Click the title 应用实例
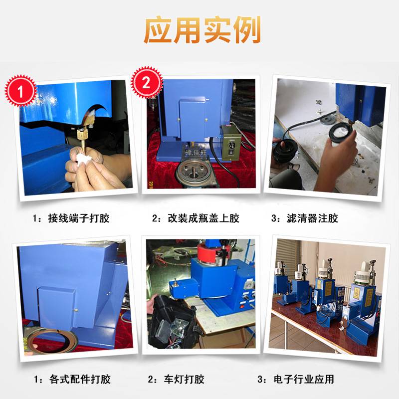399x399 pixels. [202, 30]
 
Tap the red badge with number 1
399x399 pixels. [20, 91]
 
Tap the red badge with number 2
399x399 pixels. [146, 82]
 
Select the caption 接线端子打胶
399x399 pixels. [79, 218]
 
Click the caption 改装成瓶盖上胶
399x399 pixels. [203, 218]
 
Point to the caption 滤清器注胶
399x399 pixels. [313, 218]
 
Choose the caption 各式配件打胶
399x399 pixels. [80, 379]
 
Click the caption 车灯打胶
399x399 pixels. [184, 379]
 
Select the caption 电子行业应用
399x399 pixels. [304, 379]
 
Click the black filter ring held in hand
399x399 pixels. [341, 132]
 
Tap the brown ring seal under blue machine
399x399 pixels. [52, 341]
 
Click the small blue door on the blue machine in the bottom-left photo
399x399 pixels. [56, 307]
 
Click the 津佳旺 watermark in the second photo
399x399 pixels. [196, 153]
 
